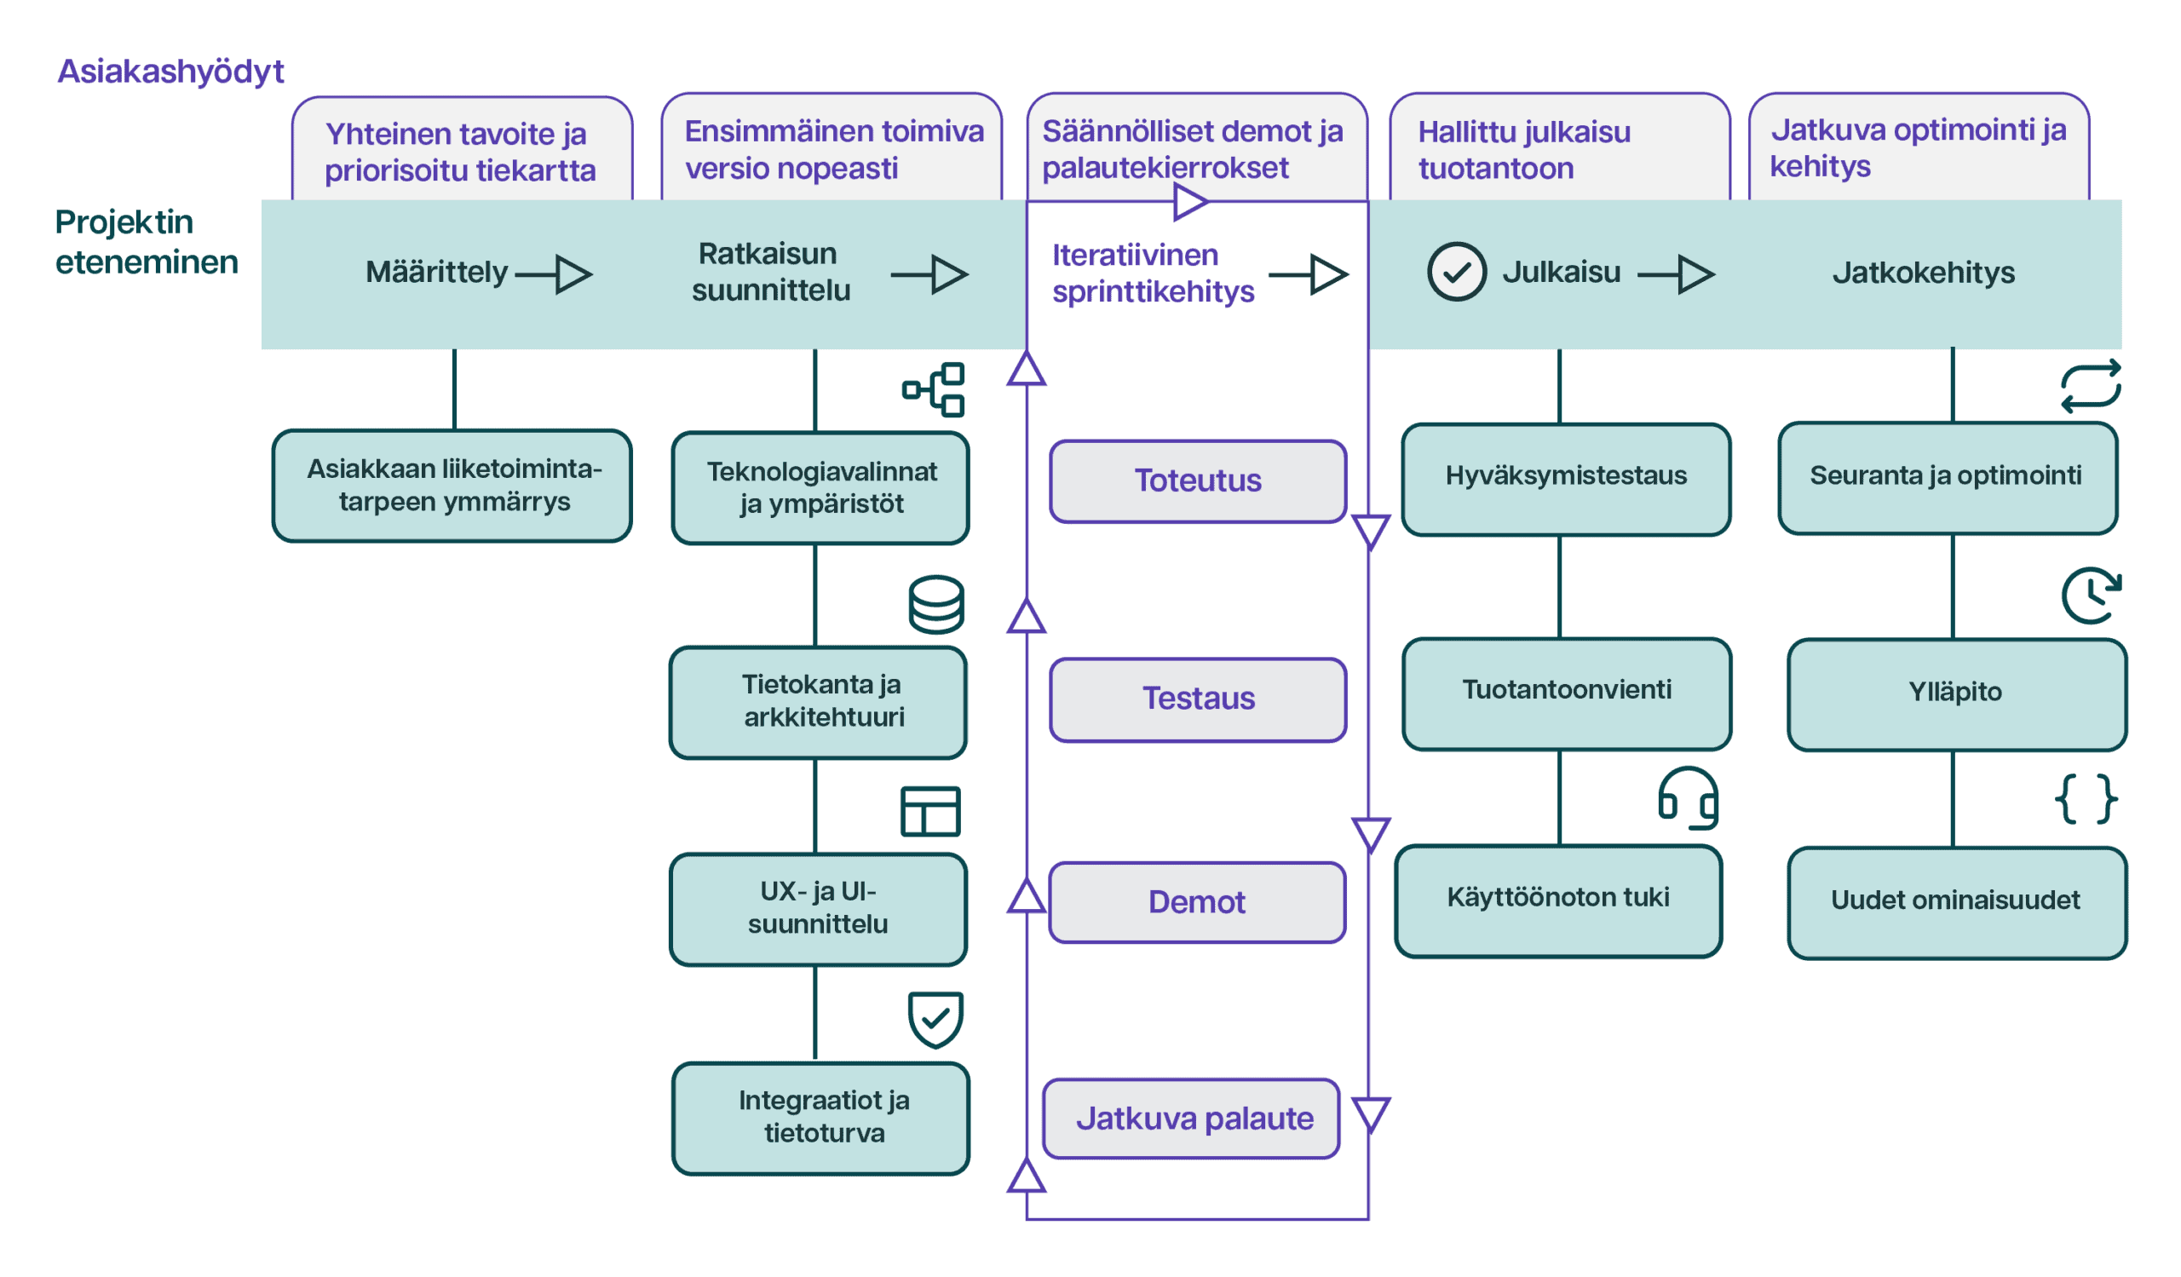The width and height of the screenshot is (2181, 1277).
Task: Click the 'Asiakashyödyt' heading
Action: coord(170,72)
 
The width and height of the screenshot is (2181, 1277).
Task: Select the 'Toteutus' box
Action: coord(1198,481)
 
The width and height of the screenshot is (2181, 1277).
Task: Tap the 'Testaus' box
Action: coord(1198,699)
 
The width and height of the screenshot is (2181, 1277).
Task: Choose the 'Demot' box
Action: coord(1197,902)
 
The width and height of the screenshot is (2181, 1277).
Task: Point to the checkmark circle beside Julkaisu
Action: coord(1457,272)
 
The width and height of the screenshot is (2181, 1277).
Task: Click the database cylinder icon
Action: coord(936,605)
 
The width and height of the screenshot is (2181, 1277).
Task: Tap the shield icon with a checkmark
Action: coord(935,1019)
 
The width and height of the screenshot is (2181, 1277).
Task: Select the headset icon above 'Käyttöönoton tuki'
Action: coord(1688,797)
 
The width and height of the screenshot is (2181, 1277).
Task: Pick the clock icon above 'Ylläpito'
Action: coord(2091,595)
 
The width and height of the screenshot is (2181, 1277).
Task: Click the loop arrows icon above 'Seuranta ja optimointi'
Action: coord(2091,386)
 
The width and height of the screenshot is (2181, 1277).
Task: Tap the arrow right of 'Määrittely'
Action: coord(554,274)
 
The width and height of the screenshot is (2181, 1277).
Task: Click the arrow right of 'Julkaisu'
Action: coord(1677,274)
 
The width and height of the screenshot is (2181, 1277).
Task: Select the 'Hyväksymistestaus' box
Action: coord(1566,480)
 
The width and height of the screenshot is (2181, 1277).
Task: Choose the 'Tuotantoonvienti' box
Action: coord(1567,693)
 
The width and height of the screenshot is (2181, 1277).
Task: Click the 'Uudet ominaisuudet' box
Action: coord(1957,903)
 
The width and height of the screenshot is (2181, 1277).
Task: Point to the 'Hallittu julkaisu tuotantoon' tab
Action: coord(1560,147)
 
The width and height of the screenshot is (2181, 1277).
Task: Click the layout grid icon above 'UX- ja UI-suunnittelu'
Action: coord(930,812)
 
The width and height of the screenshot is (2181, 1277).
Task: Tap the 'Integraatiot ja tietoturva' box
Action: coord(820,1119)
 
